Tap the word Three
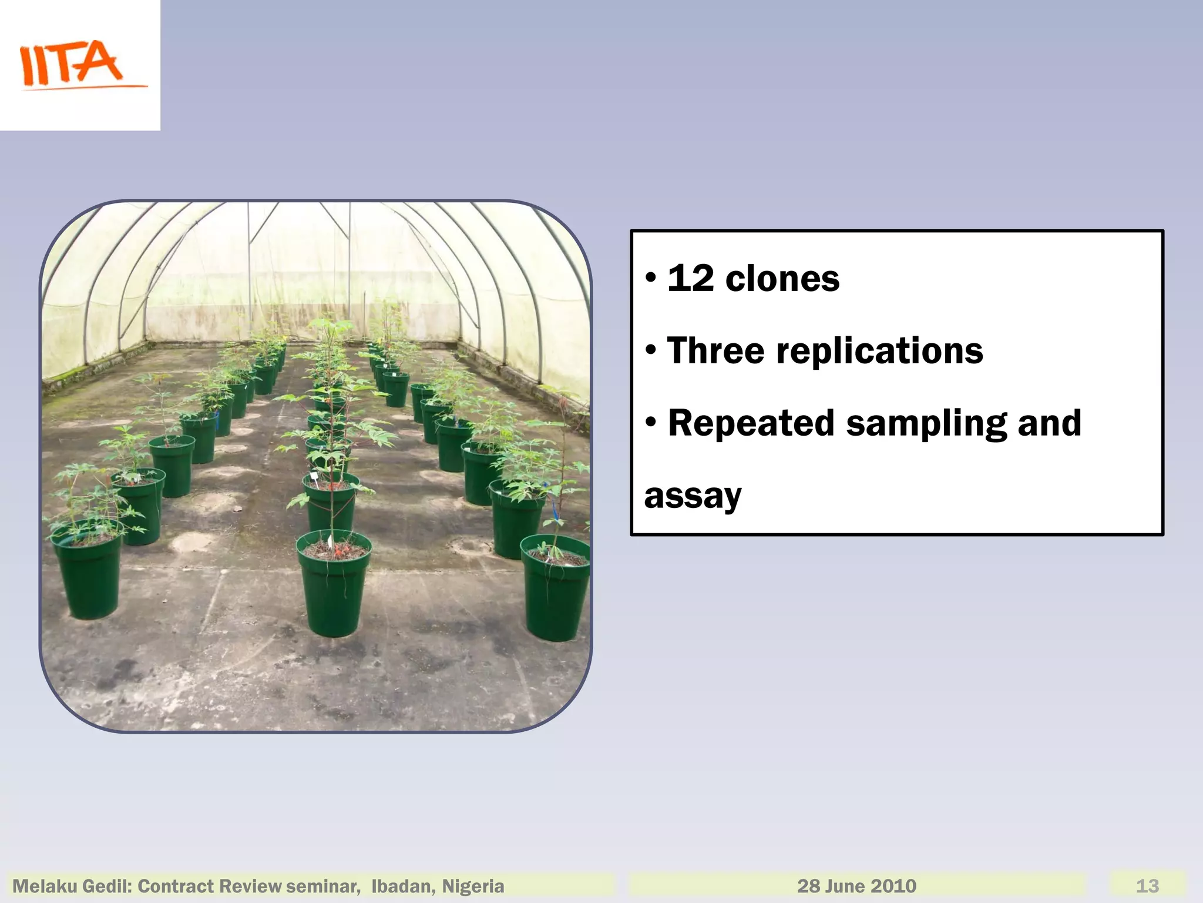[715, 351]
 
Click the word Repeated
[751, 423]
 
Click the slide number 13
[1147, 886]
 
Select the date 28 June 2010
[856, 886]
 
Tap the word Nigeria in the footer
[473, 886]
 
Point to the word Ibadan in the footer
[403, 886]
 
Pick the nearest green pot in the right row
[555, 591]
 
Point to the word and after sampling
[1049, 423]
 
